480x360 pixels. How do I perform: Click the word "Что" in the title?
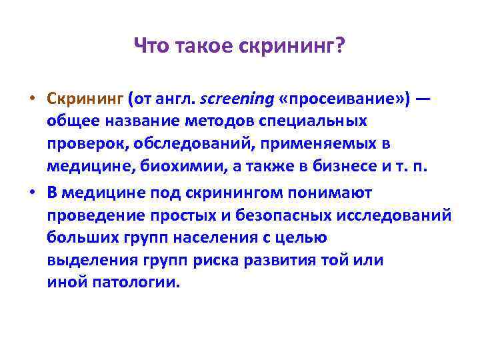(151, 47)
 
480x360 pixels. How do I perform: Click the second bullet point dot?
(32, 193)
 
